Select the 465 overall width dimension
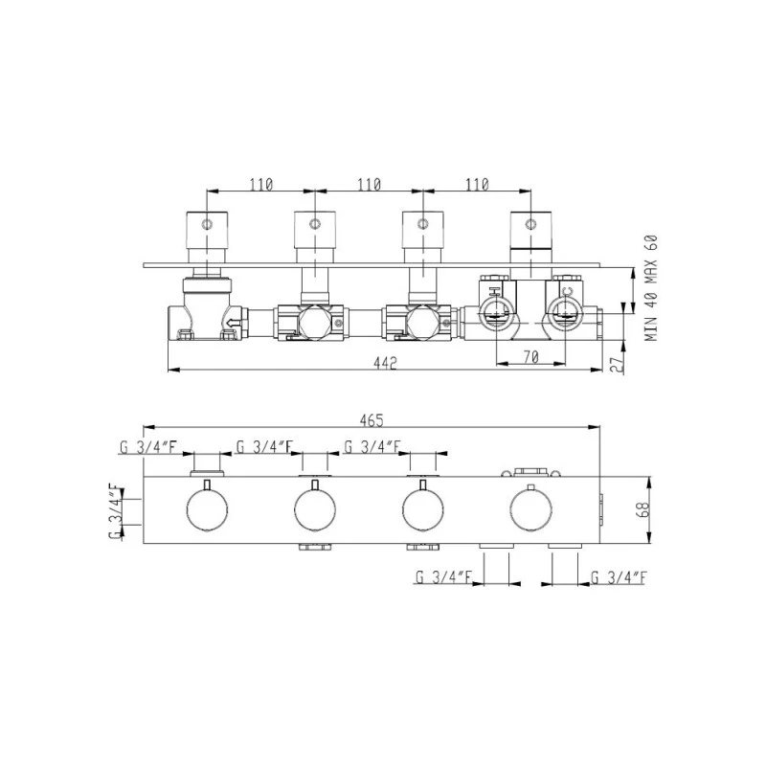(372, 419)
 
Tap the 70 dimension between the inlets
(532, 358)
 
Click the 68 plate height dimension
(642, 510)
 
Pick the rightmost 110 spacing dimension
(475, 184)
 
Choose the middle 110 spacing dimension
(368, 184)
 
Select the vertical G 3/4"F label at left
(115, 512)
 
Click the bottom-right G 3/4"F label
(619, 577)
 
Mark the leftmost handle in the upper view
(207, 230)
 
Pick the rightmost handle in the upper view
(530, 230)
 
